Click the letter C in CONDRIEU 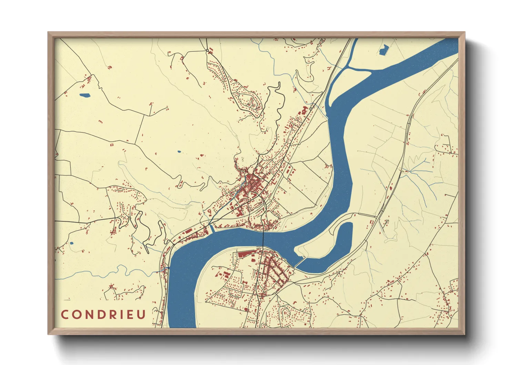click(64, 314)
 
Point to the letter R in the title click(108, 314)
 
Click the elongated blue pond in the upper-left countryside click(84, 95)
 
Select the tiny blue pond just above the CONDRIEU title click(71, 243)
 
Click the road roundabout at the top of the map click(207, 51)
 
